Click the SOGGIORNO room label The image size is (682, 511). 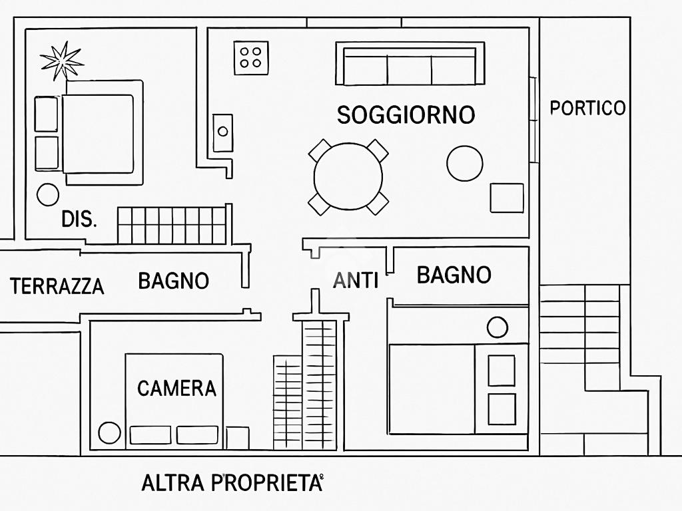[406, 114]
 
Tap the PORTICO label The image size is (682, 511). [587, 108]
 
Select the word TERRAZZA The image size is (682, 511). [57, 286]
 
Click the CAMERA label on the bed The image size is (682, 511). [176, 388]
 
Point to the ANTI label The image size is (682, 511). [356, 280]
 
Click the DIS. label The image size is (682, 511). [79, 219]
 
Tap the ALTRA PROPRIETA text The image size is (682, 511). [232, 483]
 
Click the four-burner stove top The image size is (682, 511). [251, 58]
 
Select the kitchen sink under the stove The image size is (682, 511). [222, 133]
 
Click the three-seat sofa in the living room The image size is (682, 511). [410, 63]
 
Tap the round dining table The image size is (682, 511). [348, 177]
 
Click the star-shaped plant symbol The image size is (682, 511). [62, 61]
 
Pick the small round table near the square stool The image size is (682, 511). [464, 164]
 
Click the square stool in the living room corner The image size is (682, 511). [507, 198]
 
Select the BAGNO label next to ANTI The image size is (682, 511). [454, 275]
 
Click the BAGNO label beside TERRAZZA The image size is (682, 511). [174, 281]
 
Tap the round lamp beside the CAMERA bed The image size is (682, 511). [110, 432]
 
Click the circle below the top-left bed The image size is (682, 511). [48, 195]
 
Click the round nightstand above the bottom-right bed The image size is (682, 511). [497, 327]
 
